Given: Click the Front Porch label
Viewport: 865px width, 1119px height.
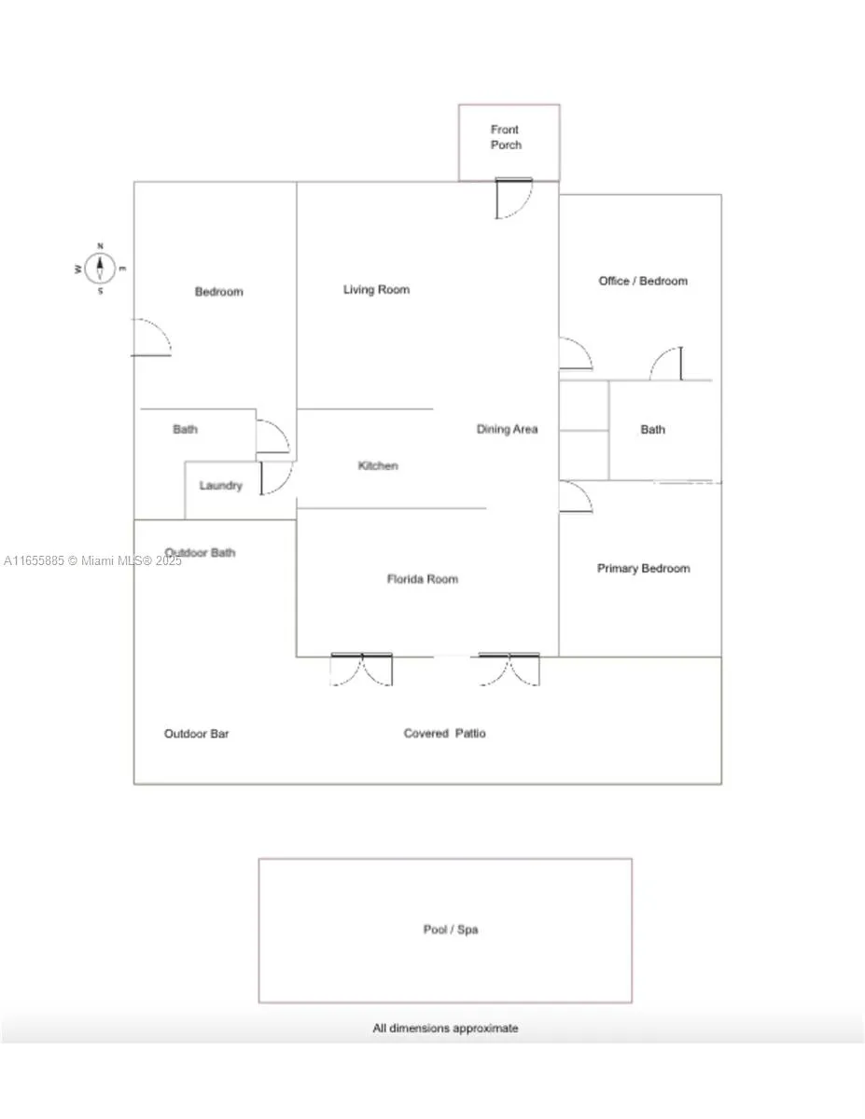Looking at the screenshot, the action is (506, 137).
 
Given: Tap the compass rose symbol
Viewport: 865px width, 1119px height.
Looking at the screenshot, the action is (100, 269).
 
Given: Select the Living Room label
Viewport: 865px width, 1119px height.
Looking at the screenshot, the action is (377, 290).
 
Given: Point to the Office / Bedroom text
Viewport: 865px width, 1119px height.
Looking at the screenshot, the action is (643, 281).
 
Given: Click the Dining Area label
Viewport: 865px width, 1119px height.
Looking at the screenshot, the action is (507, 429).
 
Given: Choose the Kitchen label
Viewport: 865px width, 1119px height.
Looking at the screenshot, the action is (378, 465).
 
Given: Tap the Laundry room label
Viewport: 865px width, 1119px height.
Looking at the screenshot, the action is (220, 486).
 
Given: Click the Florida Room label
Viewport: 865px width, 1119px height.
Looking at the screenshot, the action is (423, 579).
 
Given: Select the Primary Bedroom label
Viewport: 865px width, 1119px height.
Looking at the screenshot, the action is (644, 569).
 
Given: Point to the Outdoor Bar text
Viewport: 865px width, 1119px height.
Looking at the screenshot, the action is (196, 734).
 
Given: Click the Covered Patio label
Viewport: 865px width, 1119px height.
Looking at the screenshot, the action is (444, 733).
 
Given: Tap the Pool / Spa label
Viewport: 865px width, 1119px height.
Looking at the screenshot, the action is (451, 930).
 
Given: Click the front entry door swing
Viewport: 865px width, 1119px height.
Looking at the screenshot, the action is (513, 199).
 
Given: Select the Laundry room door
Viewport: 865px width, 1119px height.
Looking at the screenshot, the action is (276, 477).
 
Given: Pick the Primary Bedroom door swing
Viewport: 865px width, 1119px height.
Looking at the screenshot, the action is (576, 497).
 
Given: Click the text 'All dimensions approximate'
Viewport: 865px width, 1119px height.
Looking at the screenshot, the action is (445, 1029).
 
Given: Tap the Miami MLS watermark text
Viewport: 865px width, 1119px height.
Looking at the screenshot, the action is (92, 560).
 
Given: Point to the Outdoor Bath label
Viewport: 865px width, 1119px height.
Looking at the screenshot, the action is (200, 553).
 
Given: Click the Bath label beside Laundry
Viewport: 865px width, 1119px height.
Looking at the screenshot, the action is (185, 429).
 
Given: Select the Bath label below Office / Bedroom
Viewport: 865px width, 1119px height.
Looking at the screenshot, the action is (653, 430).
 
